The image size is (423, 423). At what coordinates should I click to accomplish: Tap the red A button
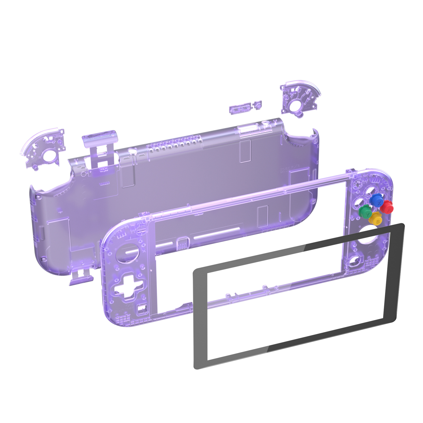point(387,207)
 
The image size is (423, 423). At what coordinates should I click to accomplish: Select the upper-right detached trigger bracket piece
point(300,99)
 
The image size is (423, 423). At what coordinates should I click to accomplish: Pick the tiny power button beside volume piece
point(257,105)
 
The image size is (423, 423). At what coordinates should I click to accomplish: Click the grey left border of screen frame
point(200,317)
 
